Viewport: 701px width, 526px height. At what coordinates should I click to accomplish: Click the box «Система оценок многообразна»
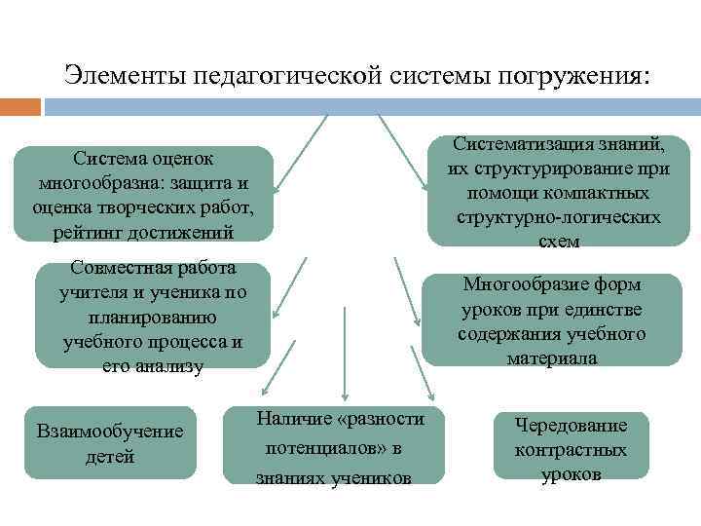142,193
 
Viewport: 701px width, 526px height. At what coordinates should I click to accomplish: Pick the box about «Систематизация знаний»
558,192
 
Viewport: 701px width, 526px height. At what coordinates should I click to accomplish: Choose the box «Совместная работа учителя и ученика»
152,316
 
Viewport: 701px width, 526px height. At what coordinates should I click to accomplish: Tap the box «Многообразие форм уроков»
552,320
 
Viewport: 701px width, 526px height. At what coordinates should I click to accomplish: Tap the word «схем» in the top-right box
558,241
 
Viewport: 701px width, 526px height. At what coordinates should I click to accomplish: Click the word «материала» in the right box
552,357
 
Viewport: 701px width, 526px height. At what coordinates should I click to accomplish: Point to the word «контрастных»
571,450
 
